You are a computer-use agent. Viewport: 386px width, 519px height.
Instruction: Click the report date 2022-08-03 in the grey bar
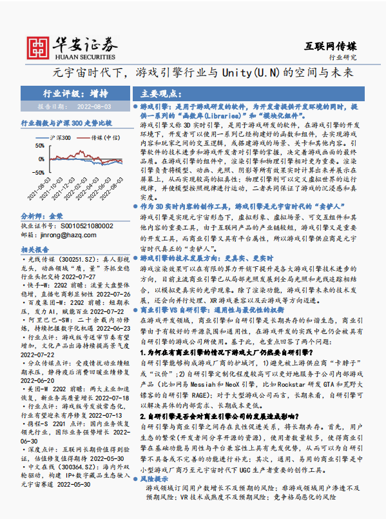pyautogui.click(x=94, y=106)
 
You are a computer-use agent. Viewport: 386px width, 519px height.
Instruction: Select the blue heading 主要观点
pyautogui.click(x=161, y=93)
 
